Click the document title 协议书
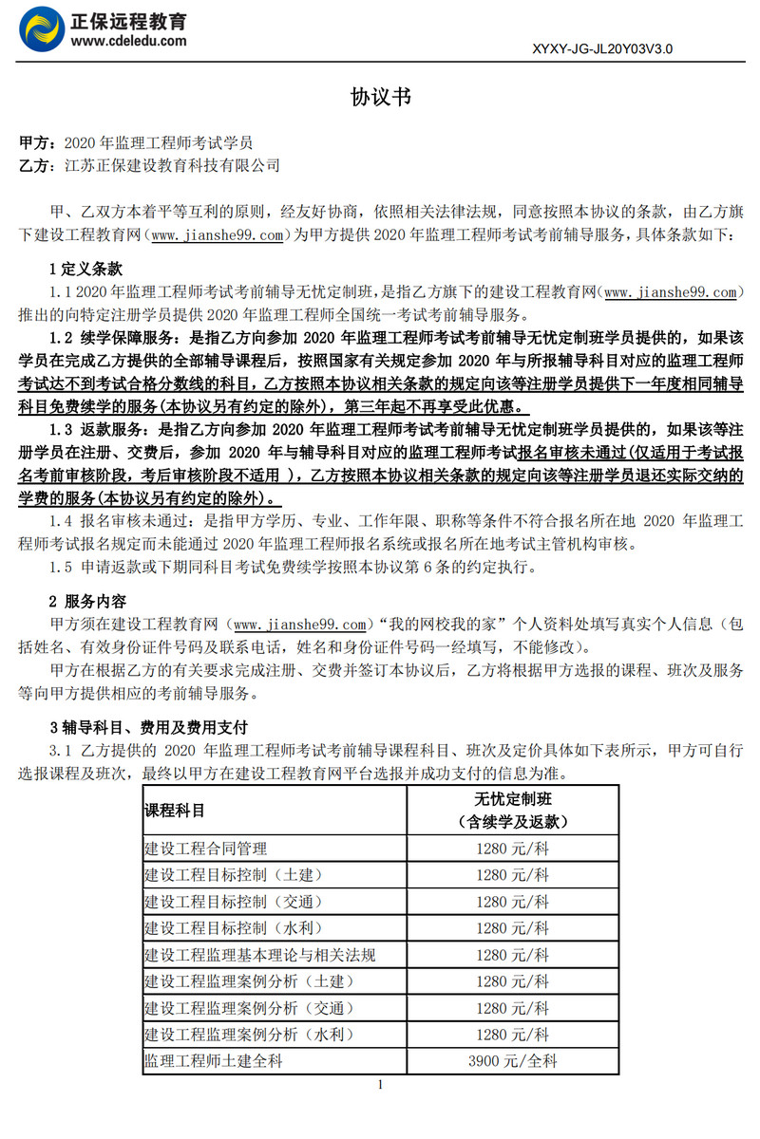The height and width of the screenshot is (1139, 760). click(x=380, y=97)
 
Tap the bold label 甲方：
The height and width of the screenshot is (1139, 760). click(x=39, y=143)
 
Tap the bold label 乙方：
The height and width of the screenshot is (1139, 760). click(x=39, y=165)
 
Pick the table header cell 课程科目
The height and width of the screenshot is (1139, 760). click(x=174, y=811)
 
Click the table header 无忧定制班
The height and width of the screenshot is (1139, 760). click(x=513, y=799)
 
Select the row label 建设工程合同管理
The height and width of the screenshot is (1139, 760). click(x=206, y=849)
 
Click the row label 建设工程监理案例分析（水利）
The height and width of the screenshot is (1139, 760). click(x=247, y=1035)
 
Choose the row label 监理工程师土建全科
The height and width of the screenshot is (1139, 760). click(x=213, y=1061)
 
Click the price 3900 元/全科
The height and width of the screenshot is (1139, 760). click(x=513, y=1061)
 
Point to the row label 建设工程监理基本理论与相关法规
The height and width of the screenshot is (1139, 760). click(x=260, y=955)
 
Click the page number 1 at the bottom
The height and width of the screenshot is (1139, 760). click(x=380, y=1085)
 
